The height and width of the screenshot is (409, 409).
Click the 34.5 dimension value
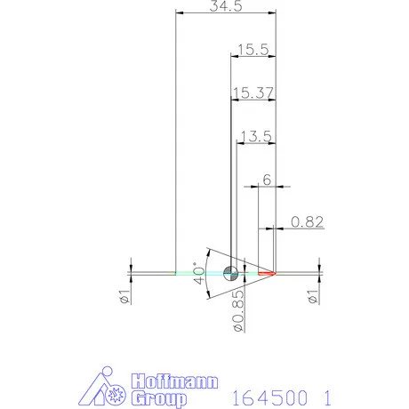226,6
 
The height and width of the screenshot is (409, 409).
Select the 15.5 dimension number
253,50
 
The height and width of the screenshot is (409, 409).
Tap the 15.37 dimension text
253,92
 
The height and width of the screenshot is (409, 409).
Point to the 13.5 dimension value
256,136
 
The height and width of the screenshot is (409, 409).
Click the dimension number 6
267,180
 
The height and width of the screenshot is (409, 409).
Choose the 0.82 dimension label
307,222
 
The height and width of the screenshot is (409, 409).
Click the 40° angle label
198,273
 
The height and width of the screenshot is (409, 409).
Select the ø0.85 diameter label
238,310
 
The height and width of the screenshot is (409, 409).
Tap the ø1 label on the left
124,296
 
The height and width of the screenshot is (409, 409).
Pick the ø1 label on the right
313,296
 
